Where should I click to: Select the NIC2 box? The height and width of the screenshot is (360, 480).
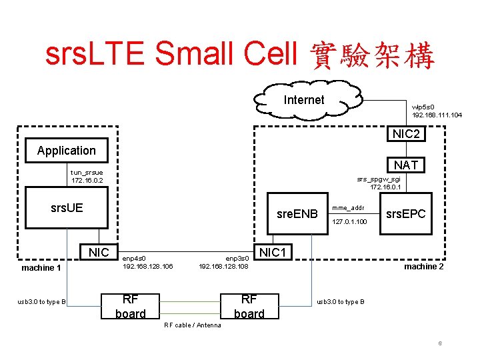tap(406, 134)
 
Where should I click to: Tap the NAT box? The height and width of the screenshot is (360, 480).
tap(406, 164)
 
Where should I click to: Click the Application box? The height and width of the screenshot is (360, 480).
tap(67, 150)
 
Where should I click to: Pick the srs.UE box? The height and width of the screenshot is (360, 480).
tap(67, 207)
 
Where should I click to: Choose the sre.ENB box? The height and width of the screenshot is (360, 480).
tap(297, 214)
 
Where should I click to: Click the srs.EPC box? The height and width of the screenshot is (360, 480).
tap(406, 214)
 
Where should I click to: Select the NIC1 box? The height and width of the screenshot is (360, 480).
tap(273, 253)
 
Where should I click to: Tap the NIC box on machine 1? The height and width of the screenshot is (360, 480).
tap(98, 252)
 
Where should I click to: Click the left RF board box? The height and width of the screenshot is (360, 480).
tap(131, 306)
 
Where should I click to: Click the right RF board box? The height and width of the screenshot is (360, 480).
tap(249, 306)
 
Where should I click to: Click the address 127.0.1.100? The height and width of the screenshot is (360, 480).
tap(349, 221)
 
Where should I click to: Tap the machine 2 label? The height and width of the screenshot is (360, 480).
tap(424, 267)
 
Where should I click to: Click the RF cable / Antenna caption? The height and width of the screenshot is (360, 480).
tap(193, 325)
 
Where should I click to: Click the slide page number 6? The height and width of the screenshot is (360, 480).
tap(440, 343)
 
